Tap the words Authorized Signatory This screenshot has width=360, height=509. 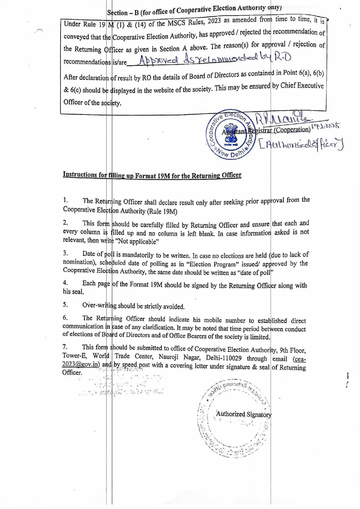click(x=244, y=414)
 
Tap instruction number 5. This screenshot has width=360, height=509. click(x=65, y=305)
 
